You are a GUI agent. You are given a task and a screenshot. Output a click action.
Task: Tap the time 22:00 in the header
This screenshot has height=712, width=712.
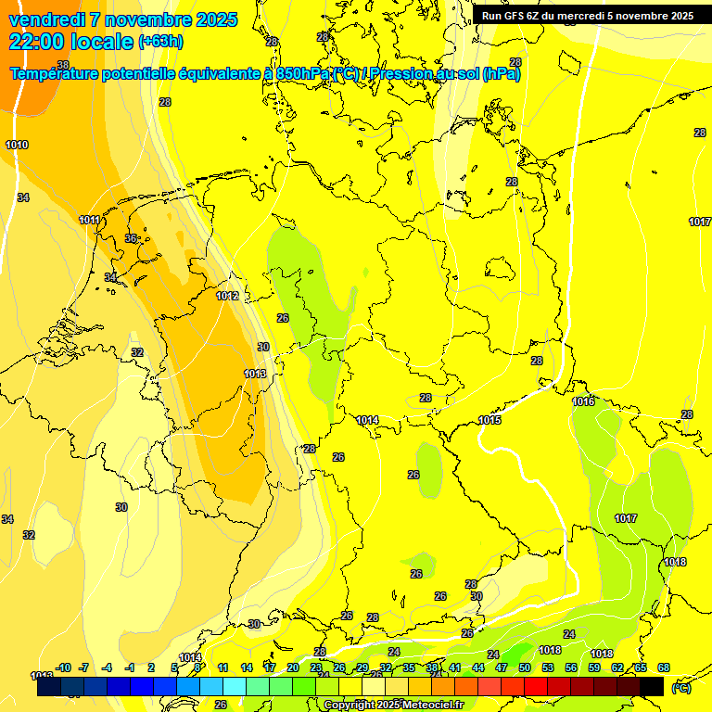click(x=38, y=41)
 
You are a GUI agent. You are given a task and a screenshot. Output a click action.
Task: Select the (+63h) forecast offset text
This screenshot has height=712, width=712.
click(x=160, y=42)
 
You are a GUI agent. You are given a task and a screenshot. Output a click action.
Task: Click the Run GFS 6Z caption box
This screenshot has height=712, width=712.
click(x=587, y=16)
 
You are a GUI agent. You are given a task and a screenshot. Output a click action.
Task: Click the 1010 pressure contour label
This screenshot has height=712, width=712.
click(x=17, y=145)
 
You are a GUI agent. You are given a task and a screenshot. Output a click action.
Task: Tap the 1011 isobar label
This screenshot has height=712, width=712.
click(x=90, y=220)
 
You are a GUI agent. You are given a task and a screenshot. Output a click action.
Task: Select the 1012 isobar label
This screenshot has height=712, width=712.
click(x=227, y=296)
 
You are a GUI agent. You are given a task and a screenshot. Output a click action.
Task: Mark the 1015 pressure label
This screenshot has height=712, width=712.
click(x=489, y=420)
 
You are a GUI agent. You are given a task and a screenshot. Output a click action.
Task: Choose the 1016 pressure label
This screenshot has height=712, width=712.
click(x=583, y=401)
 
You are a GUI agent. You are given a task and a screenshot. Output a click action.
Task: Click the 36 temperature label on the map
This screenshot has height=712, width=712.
click(x=131, y=238)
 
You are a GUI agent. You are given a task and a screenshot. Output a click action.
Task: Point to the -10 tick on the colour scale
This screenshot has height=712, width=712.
click(x=63, y=667)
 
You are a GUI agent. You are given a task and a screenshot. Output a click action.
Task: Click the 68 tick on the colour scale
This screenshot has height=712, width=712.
click(x=664, y=667)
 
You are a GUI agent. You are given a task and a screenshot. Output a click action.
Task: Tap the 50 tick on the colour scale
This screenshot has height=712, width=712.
click(x=525, y=667)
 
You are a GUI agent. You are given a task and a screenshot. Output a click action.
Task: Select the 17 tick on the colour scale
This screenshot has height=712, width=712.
click(x=269, y=667)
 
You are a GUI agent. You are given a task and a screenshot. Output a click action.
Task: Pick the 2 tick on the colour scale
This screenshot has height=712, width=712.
click(x=151, y=667)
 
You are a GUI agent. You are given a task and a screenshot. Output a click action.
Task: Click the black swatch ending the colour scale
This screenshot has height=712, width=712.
click(x=652, y=687)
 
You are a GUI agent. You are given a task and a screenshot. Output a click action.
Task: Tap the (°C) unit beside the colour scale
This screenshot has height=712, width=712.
click(x=680, y=687)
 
